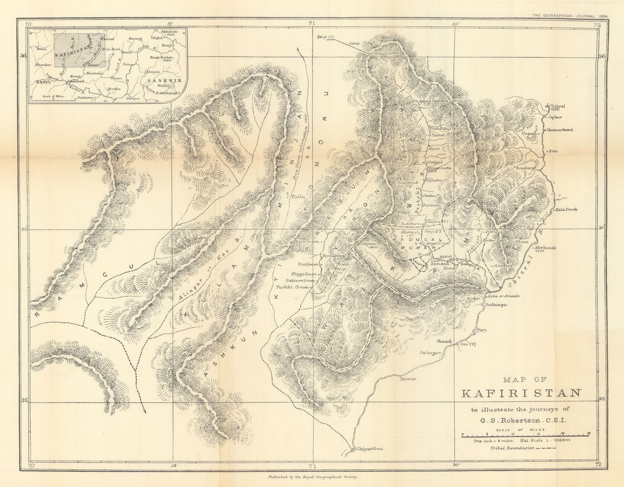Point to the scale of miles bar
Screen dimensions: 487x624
pos(525,435)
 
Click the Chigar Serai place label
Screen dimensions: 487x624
pos(370,449)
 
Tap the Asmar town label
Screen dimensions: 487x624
pos(408,379)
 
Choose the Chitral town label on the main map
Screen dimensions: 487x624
pos(556,106)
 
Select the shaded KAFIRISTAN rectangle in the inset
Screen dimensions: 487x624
pos(79,50)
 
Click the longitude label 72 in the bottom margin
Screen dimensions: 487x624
pos(596,465)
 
